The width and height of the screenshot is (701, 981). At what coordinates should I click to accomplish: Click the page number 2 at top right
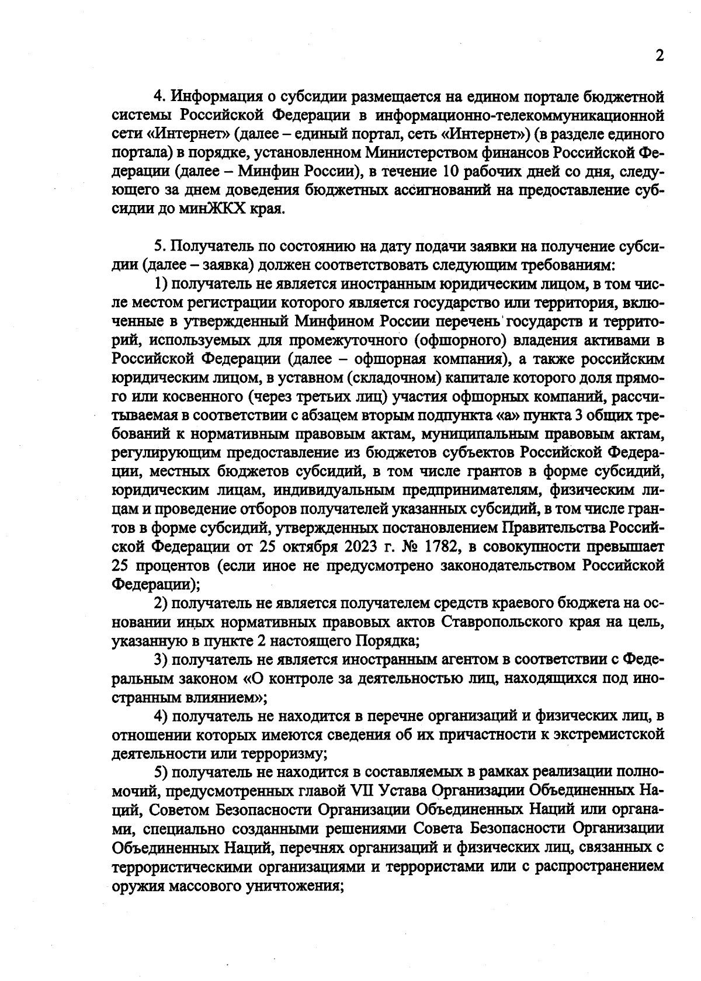tap(660, 56)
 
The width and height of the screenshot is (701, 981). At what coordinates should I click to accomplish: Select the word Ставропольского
tap(498, 622)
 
